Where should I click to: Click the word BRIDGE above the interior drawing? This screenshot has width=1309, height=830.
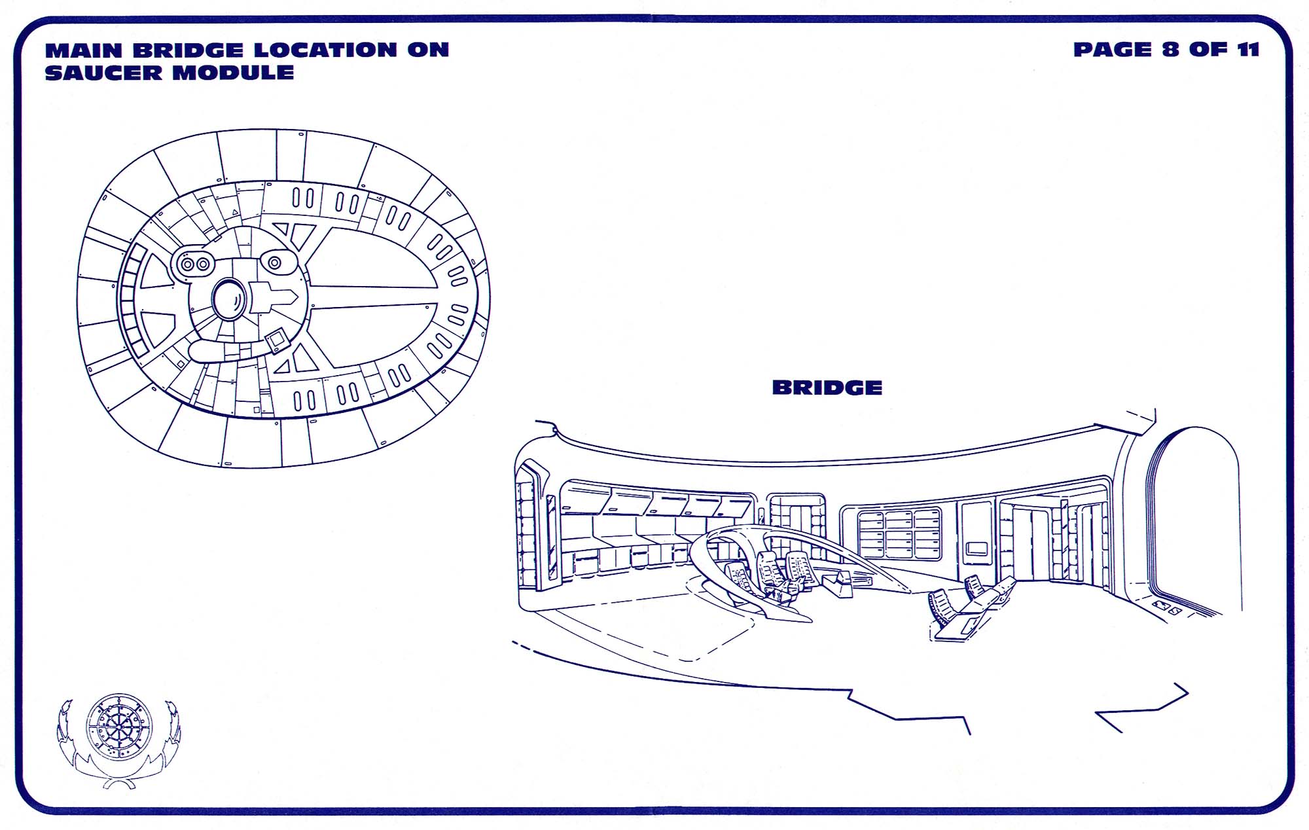click(x=827, y=388)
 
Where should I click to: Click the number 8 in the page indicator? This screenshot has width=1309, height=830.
click(x=1171, y=50)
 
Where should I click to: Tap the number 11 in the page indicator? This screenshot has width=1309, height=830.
click(x=1248, y=50)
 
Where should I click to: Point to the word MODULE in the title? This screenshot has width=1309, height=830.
click(x=233, y=73)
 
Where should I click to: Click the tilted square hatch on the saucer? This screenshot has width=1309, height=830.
click(x=277, y=340)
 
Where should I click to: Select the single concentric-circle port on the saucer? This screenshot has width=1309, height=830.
click(x=275, y=262)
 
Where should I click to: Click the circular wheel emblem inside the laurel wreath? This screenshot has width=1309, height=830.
click(x=119, y=727)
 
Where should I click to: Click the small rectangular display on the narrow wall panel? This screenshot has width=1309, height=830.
click(x=977, y=548)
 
